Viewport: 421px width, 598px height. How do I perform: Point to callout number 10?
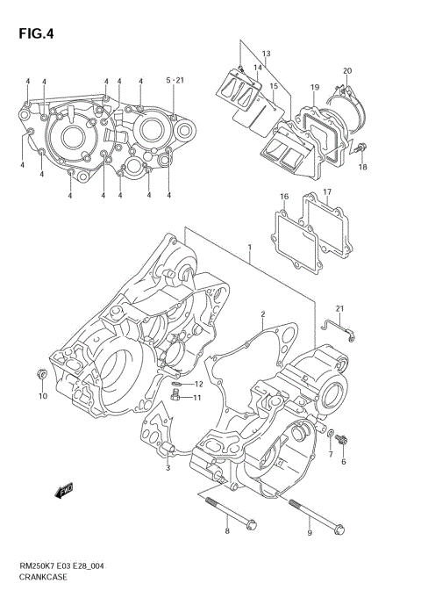click(x=42, y=396)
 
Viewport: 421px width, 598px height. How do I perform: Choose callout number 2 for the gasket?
click(x=261, y=314)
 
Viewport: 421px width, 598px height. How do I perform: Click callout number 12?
click(x=198, y=385)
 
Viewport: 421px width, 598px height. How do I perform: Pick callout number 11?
click(x=197, y=398)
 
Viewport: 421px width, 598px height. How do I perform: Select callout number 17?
click(x=326, y=191)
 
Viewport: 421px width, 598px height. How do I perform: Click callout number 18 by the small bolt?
click(x=362, y=167)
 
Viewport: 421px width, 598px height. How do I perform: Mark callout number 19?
click(x=315, y=88)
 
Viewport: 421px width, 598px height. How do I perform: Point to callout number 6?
click(x=344, y=461)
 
